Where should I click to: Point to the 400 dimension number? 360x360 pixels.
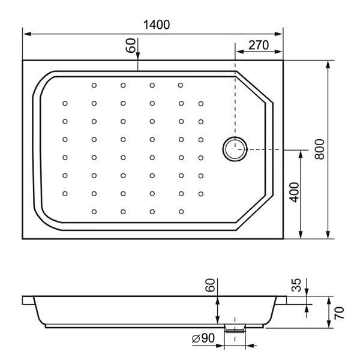pyautogui.click(x=294, y=192)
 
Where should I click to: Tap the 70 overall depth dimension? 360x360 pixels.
pyautogui.click(x=340, y=312)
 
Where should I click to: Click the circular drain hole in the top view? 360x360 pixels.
pyautogui.click(x=234, y=149)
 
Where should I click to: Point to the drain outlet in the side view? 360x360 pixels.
pyautogui.click(x=235, y=328)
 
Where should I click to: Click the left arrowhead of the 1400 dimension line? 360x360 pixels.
pyautogui.click(x=26, y=34)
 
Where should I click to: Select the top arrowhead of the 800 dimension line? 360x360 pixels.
pyautogui.click(x=328, y=63)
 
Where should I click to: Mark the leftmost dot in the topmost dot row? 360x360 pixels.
pyautogui.click(x=94, y=85)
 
